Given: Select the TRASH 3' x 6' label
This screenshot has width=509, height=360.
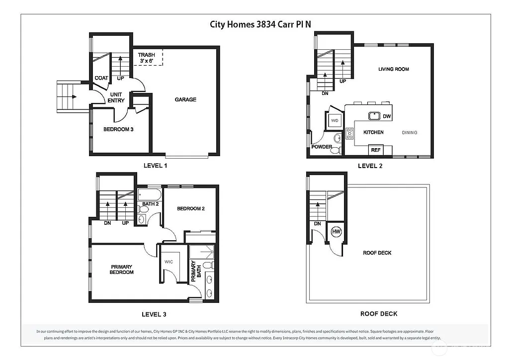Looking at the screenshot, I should (146, 58).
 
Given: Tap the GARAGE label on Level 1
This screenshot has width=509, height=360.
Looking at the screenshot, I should (185, 99).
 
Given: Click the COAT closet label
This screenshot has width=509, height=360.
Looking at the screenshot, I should (101, 78).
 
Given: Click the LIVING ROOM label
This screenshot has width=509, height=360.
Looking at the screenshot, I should (393, 69).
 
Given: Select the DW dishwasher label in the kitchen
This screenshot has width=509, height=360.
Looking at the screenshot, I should (386, 116).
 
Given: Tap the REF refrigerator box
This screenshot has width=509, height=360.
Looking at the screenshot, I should (375, 150).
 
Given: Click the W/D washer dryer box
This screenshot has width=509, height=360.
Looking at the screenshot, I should (335, 120).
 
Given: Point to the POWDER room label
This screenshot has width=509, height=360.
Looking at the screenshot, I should (322, 147).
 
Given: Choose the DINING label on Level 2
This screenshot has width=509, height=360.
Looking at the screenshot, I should (410, 132).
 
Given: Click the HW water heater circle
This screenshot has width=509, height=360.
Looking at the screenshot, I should (336, 232).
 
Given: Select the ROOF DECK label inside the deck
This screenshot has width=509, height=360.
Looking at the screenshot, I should (377, 253).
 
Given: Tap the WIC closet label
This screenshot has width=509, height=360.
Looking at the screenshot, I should (168, 261).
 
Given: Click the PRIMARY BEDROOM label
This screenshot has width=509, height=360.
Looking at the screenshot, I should (122, 269).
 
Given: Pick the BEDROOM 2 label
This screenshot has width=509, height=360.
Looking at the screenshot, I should (191, 208).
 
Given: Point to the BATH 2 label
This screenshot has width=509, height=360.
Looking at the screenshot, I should (150, 204).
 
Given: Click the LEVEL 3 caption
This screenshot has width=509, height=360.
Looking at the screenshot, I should (154, 314).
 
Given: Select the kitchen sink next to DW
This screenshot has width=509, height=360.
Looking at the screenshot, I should (374, 116).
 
